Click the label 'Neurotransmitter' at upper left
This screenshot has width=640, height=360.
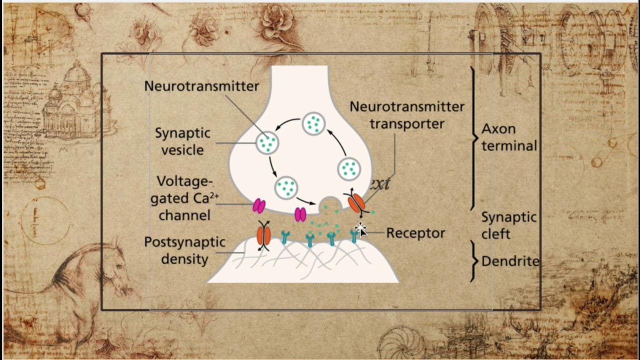(201, 86)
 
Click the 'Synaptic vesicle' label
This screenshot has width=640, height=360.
(182, 141)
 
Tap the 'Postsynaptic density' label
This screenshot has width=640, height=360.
(184, 250)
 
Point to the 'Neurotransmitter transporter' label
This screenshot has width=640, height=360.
(406, 114)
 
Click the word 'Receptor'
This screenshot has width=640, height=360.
(415, 233)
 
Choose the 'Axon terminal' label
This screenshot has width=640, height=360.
(509, 137)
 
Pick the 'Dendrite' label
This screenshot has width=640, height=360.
(510, 261)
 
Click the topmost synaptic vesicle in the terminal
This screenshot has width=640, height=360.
(313, 124)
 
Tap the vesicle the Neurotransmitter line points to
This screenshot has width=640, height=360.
(267, 143)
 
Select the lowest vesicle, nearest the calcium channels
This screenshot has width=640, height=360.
(286, 187)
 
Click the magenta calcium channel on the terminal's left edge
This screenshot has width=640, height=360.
(259, 205)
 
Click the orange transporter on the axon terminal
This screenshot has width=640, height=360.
(356, 202)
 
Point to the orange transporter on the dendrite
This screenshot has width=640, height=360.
(263, 235)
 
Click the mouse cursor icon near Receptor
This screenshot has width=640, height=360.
(360, 229)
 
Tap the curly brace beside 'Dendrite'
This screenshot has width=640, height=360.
(473, 261)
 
